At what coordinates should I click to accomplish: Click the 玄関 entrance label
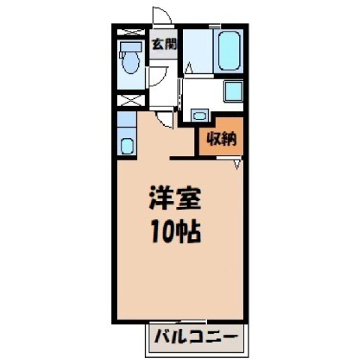click(164, 44)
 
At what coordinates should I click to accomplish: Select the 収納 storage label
click(221, 139)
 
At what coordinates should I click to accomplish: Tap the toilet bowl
click(130, 62)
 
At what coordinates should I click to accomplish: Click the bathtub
click(229, 52)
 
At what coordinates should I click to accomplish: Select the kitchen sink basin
click(127, 146)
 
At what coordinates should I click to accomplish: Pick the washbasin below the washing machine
click(199, 115)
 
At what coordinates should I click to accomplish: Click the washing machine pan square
click(233, 91)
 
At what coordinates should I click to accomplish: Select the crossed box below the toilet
click(131, 100)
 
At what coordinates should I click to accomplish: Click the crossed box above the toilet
click(131, 32)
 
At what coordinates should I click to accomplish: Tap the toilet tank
click(130, 47)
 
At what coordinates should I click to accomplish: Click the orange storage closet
click(221, 136)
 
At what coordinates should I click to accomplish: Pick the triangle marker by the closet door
click(237, 164)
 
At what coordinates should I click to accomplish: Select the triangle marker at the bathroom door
click(189, 67)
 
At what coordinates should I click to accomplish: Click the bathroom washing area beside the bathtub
click(198, 51)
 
